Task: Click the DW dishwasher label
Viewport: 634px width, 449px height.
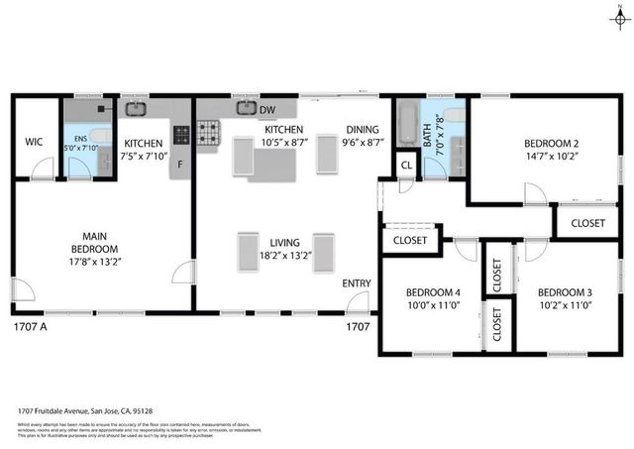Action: point(267,109)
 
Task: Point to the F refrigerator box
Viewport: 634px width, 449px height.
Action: point(180,166)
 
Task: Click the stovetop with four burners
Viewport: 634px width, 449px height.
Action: point(208,131)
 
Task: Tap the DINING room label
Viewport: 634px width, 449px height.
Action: point(362,129)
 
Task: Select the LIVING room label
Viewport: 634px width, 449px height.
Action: point(284,242)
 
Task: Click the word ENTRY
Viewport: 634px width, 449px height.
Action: point(357,284)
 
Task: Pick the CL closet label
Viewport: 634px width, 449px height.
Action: point(406,166)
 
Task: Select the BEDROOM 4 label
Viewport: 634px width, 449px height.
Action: point(433,292)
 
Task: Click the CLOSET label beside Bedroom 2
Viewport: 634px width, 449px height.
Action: point(587,224)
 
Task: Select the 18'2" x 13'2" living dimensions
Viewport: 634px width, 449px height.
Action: point(284,255)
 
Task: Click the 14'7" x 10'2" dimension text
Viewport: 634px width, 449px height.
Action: point(552,155)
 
